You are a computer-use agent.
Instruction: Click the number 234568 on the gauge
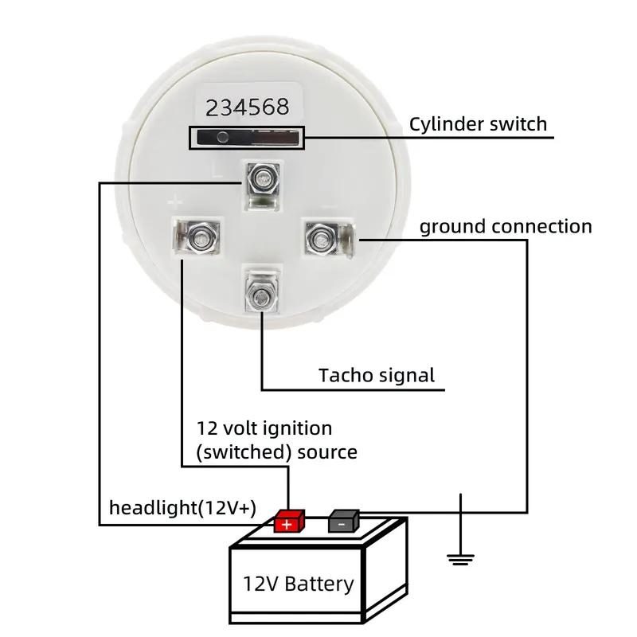click(x=248, y=107)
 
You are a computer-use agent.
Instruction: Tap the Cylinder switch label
click(x=478, y=124)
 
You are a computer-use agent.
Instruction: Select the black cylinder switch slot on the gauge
click(x=246, y=137)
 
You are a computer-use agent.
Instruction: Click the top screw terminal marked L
click(x=262, y=179)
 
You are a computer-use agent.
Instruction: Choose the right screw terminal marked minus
click(x=322, y=235)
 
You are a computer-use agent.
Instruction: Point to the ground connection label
click(x=506, y=227)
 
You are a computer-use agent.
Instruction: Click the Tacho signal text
click(x=377, y=375)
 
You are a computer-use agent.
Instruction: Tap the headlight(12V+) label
click(x=182, y=507)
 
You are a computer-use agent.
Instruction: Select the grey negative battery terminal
click(x=343, y=521)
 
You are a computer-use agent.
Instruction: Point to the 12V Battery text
click(x=298, y=584)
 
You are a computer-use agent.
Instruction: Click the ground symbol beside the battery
click(x=460, y=557)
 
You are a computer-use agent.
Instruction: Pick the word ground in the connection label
click(x=452, y=227)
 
